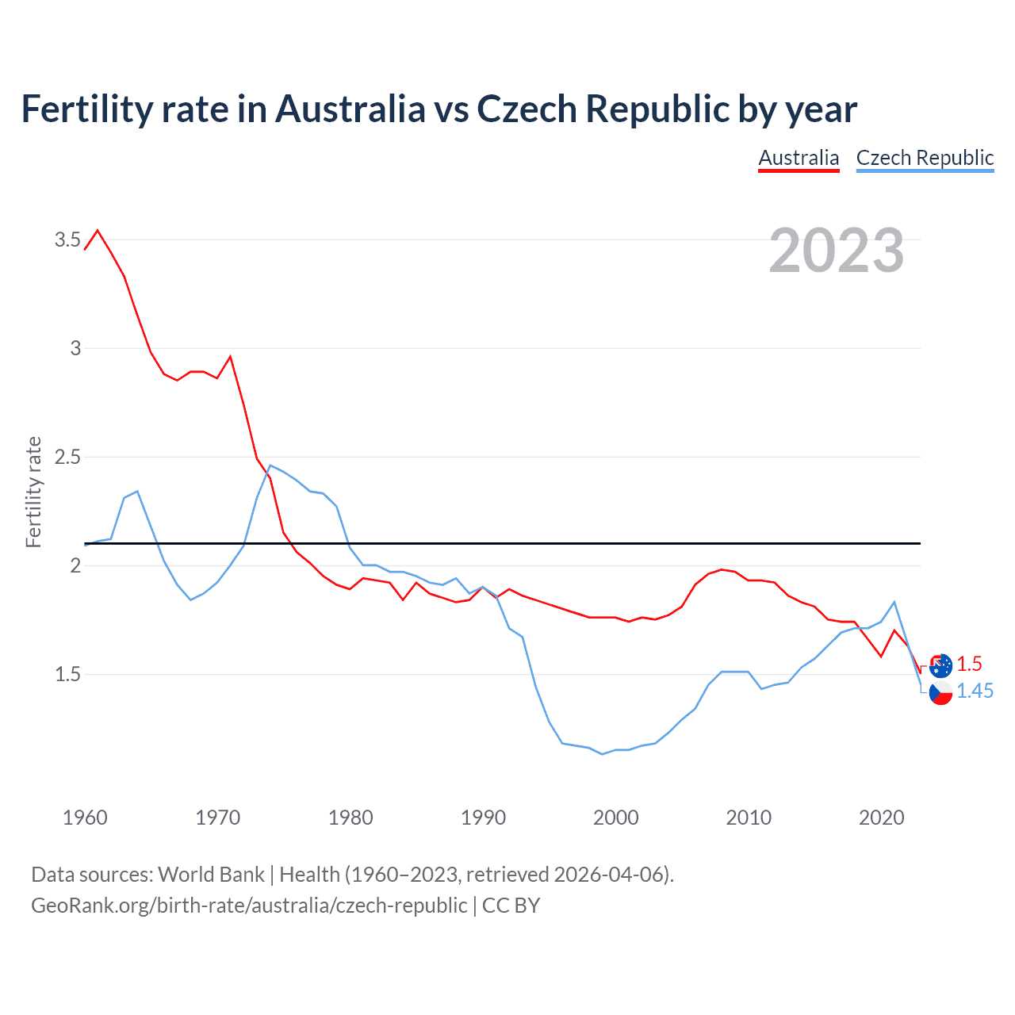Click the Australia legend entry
tap(799, 158)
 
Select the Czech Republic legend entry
tap(925, 158)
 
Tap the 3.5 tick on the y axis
tap(67, 239)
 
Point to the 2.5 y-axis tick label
tap(67, 458)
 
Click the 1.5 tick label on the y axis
tap(67, 675)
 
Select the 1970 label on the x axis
tap(217, 818)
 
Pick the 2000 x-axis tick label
tap(615, 818)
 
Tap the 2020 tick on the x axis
tap(881, 818)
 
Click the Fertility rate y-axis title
tap(33, 492)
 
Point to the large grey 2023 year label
tap(837, 251)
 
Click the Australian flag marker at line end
tap(940, 665)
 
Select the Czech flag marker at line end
tap(940, 692)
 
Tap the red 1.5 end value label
tap(969, 665)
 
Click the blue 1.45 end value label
tap(975, 691)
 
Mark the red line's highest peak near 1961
tap(98, 231)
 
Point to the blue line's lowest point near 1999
tap(603, 754)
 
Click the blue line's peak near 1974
tap(270, 465)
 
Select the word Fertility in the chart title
tap(86, 109)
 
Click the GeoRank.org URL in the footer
tap(249, 905)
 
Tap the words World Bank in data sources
tap(211, 875)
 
